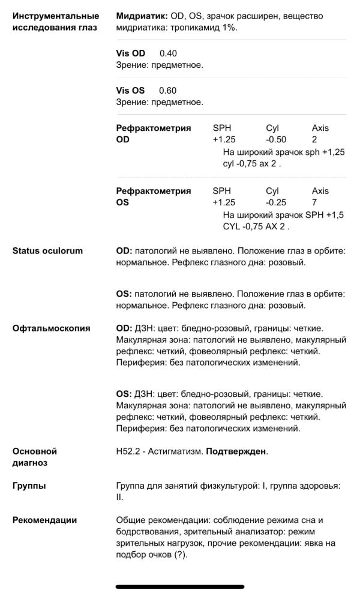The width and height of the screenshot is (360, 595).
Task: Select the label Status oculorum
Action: click(x=47, y=250)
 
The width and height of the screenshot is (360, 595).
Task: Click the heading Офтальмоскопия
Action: click(x=51, y=328)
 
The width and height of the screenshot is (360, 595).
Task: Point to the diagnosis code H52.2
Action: click(x=128, y=452)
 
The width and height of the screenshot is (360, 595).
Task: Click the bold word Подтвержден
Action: click(x=236, y=452)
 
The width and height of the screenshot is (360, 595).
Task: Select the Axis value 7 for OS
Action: click(x=314, y=202)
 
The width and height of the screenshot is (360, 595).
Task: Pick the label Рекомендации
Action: click(x=44, y=520)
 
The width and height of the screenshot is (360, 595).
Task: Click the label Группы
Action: click(x=29, y=486)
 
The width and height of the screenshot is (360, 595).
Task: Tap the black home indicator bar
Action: click(x=179, y=586)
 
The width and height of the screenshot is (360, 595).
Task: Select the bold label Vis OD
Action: click(x=130, y=53)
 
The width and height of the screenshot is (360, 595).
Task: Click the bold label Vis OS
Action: click(x=130, y=91)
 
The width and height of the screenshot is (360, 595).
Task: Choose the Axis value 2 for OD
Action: click(x=314, y=139)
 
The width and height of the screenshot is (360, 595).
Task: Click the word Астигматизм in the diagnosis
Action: click(x=175, y=452)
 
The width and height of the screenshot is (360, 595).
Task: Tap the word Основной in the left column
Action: click(x=34, y=452)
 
